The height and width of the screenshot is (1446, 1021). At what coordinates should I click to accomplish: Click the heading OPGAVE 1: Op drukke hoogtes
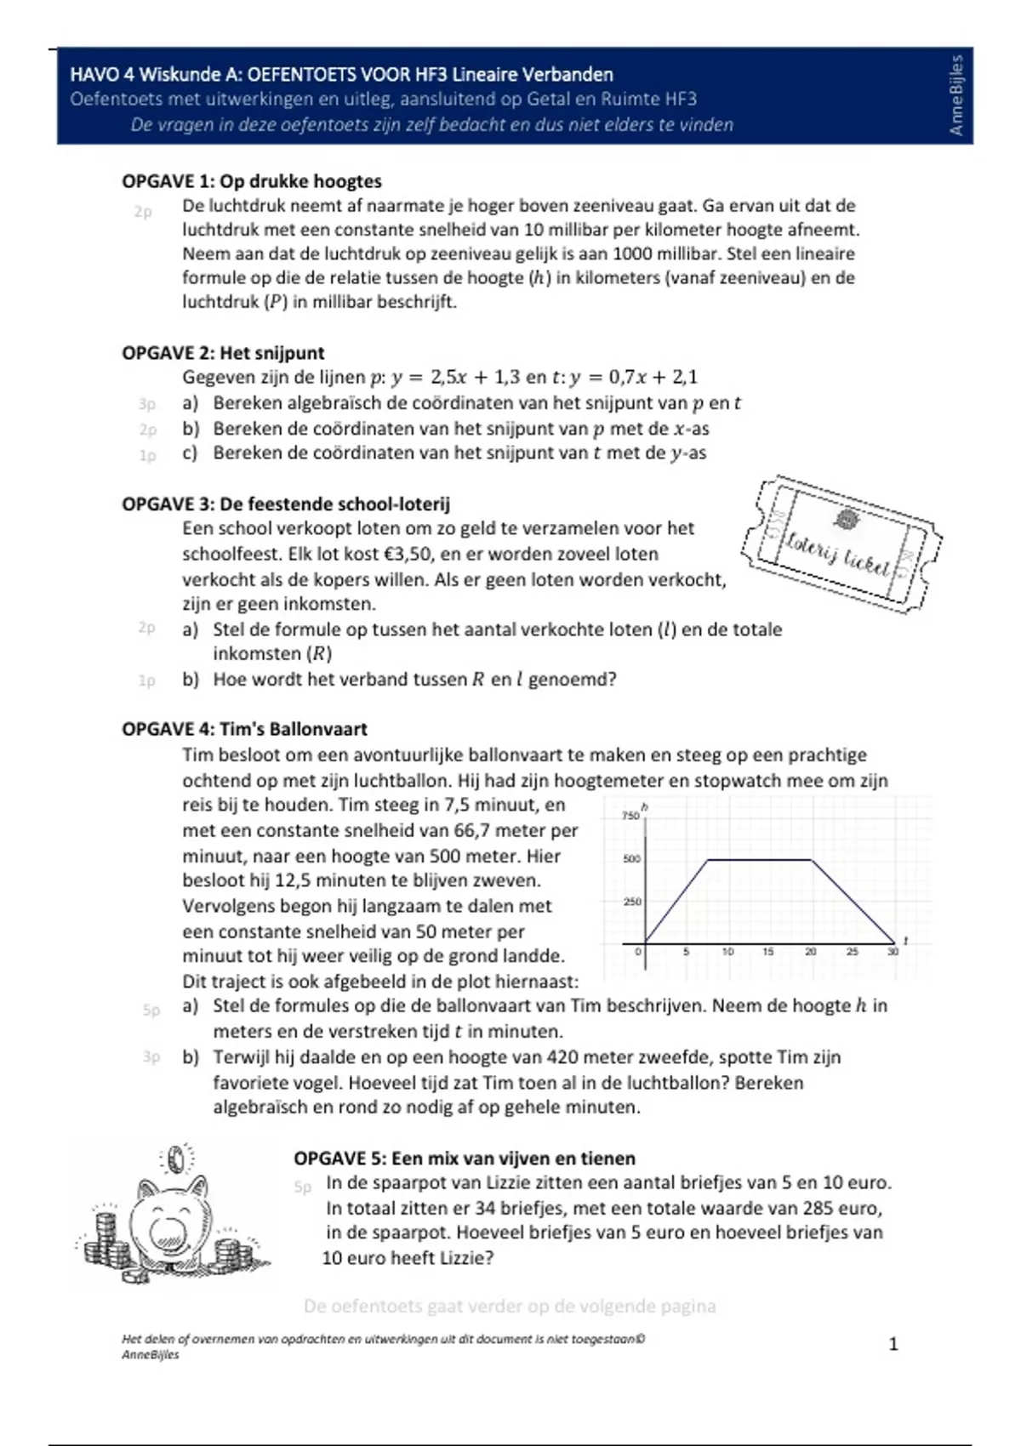251,181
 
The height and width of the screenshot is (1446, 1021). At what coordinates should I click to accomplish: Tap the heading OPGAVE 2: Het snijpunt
223,353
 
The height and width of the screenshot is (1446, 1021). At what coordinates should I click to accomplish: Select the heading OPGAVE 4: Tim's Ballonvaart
244,729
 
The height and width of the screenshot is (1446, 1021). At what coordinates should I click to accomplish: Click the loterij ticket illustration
841,544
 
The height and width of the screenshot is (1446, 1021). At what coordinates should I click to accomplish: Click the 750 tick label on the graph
630,816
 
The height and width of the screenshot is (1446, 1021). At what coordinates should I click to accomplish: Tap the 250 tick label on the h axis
631,902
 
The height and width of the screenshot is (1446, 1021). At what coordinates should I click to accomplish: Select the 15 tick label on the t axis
768,952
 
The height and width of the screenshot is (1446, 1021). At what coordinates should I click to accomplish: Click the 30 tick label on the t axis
893,952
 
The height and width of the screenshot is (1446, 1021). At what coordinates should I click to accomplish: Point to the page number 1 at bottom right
893,1344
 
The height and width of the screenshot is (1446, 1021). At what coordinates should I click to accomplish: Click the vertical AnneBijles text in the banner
956,95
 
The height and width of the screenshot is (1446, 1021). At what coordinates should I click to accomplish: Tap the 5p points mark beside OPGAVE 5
303,1187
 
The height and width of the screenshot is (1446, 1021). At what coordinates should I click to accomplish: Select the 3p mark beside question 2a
147,404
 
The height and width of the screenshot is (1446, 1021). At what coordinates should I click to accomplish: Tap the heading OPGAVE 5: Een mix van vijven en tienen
465,1158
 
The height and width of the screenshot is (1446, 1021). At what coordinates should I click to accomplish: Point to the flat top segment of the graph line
760,860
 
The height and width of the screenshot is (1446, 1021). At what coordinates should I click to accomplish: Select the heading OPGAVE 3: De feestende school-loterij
286,504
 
